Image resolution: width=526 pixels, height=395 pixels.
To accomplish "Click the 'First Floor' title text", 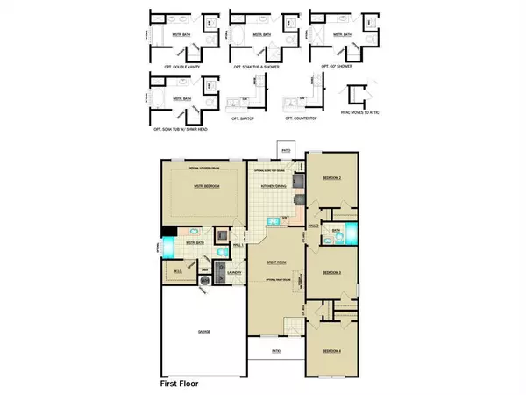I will [188, 383].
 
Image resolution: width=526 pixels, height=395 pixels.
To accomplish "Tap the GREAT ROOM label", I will [276, 262].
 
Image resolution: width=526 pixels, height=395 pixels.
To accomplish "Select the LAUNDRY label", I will [233, 273].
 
